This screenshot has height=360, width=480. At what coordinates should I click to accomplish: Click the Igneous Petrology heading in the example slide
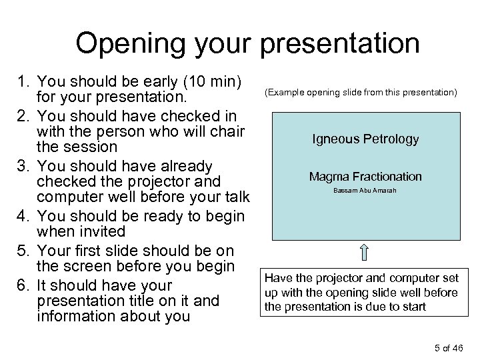[x=365, y=139]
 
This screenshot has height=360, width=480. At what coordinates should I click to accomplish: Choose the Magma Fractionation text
[x=365, y=177]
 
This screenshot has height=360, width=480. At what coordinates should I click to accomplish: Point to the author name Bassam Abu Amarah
[x=365, y=191]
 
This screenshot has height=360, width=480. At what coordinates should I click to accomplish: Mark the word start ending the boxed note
[x=411, y=307]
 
